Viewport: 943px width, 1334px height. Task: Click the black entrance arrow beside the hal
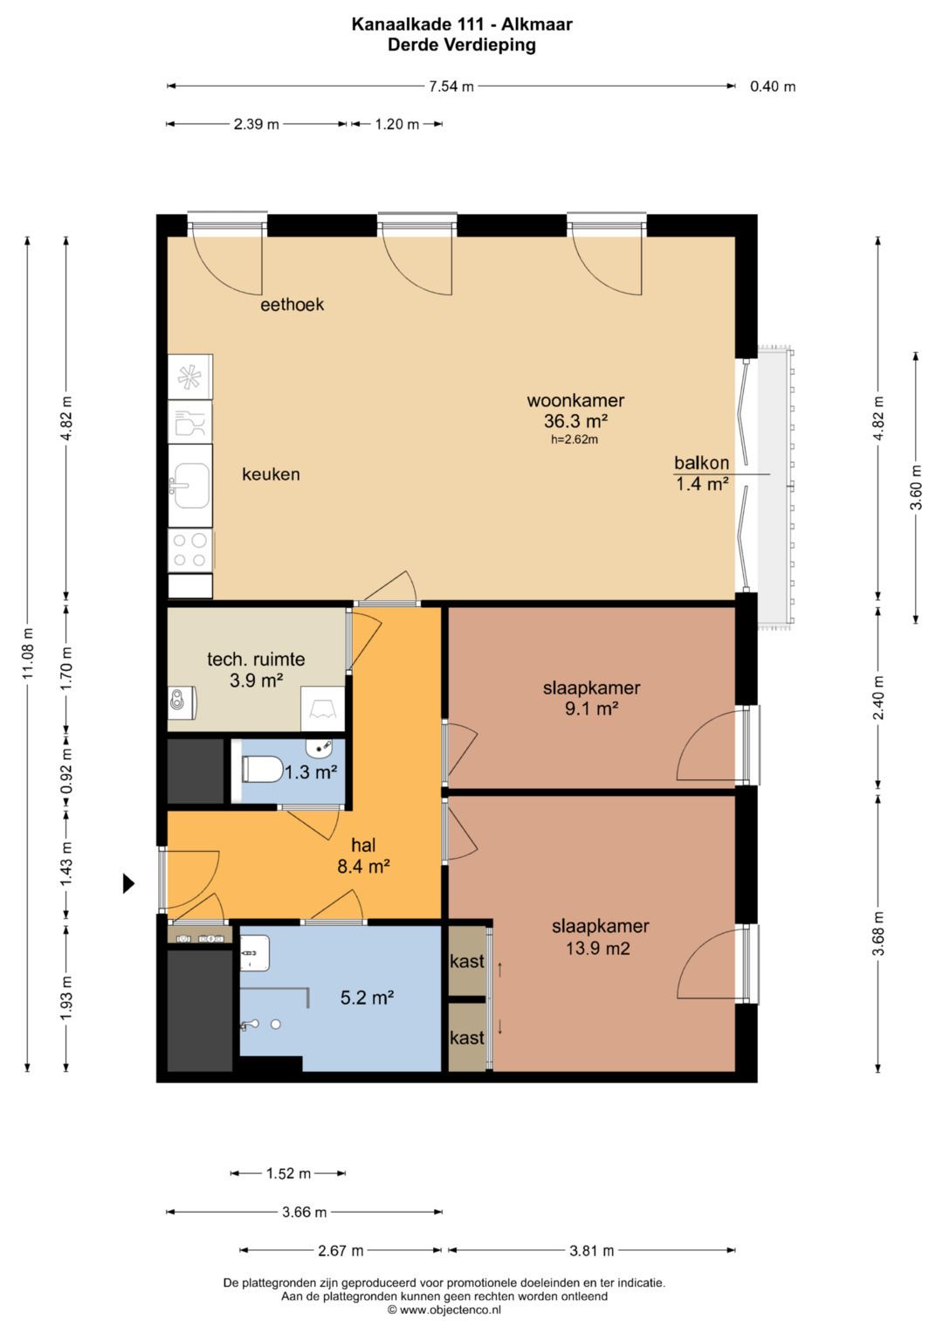click(128, 883)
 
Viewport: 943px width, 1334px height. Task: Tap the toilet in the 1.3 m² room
click(262, 770)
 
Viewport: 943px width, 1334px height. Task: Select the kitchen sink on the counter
click(190, 486)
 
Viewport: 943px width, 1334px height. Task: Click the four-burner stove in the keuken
click(190, 549)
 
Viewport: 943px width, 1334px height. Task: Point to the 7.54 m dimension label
click(451, 86)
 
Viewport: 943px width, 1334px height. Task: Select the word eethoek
click(292, 304)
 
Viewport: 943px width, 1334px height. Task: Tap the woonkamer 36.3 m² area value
click(575, 421)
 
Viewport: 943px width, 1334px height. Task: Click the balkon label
click(701, 462)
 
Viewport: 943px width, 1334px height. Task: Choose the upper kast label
click(467, 961)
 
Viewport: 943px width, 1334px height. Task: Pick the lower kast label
click(467, 1038)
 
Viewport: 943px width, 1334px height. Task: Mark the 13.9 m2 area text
click(597, 948)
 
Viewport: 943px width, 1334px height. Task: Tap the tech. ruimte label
click(256, 660)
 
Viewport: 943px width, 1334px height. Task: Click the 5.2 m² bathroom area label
click(367, 998)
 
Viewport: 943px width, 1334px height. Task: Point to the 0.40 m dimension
click(772, 86)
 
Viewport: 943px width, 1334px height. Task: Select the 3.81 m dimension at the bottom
click(591, 1251)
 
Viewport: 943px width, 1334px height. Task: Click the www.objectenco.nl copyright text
click(444, 1310)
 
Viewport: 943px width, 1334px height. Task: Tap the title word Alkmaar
click(536, 24)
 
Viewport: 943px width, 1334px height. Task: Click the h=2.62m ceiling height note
click(575, 440)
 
